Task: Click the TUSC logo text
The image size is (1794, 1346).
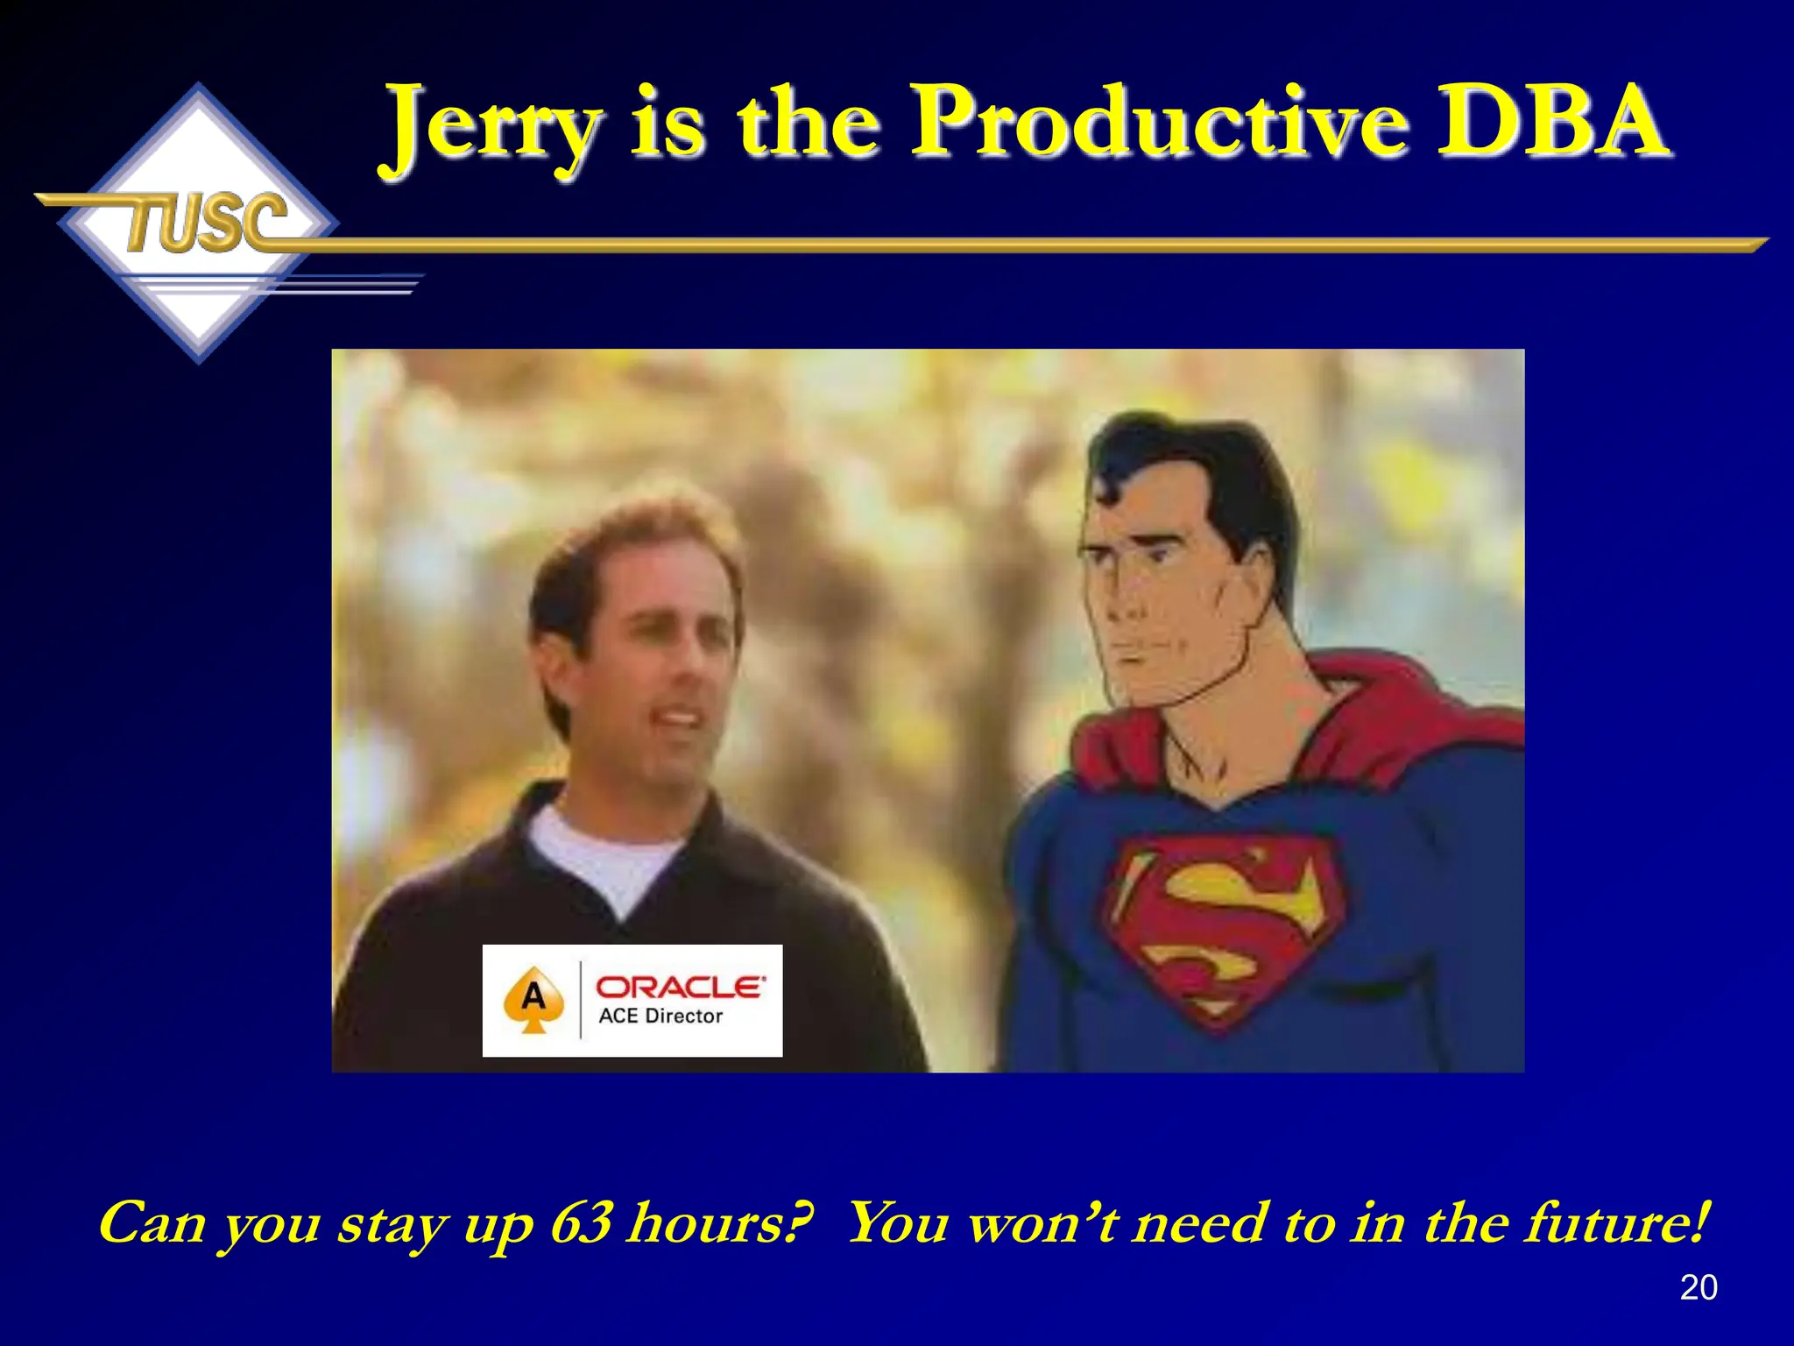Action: pos(207,223)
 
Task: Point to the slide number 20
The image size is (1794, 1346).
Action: pos(1698,1287)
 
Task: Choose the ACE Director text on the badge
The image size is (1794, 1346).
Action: pos(660,1017)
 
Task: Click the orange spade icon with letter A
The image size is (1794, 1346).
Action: pos(533,1000)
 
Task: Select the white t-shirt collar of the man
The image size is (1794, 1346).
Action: pos(604,854)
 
